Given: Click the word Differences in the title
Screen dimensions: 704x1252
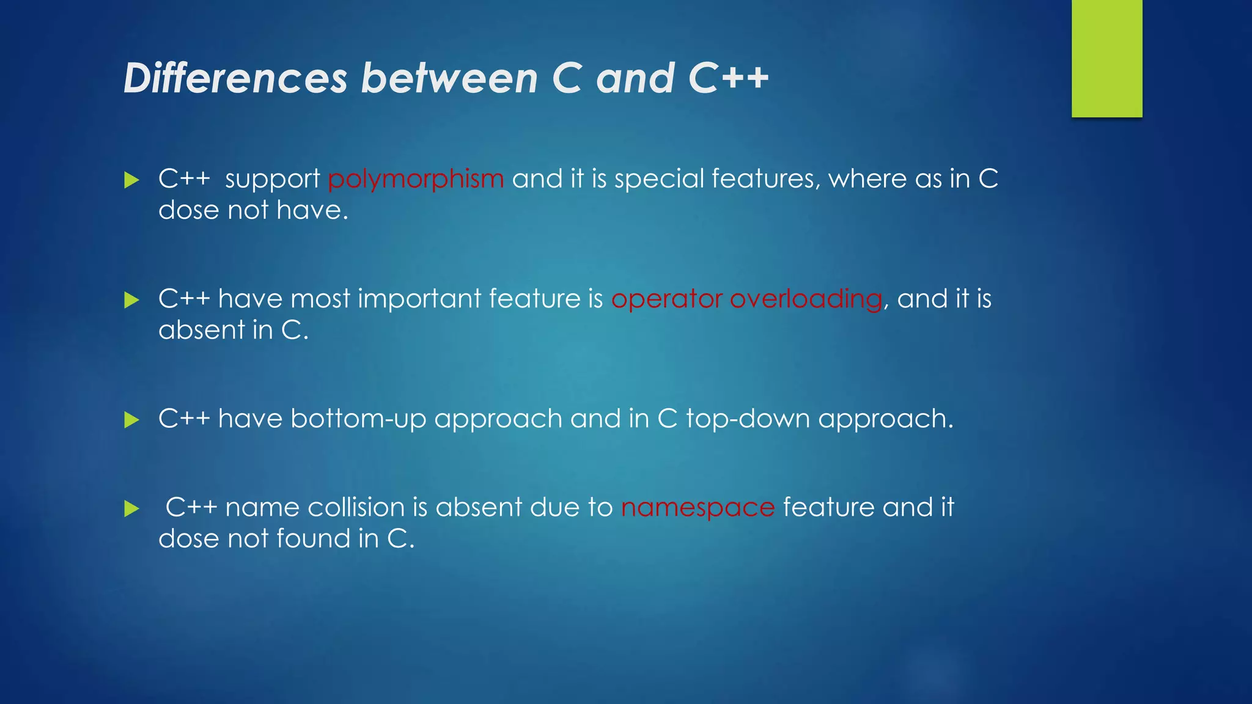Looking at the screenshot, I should [x=235, y=78].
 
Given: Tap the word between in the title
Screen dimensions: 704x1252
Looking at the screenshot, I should [x=449, y=78].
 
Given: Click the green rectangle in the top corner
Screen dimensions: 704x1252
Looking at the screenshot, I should [x=1107, y=58].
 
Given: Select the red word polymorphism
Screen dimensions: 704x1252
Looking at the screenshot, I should [x=416, y=179].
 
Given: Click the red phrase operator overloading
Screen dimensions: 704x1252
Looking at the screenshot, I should [x=746, y=299].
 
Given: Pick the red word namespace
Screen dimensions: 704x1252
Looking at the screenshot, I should [x=698, y=508].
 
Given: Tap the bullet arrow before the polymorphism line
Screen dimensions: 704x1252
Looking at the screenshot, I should [x=131, y=180].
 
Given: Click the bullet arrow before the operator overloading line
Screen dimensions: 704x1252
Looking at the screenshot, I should [x=131, y=300].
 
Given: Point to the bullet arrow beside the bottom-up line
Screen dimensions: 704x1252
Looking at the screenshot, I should [x=131, y=420].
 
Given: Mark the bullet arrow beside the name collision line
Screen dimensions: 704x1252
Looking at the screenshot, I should [x=131, y=508].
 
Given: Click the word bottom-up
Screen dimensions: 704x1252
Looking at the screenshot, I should [x=358, y=419].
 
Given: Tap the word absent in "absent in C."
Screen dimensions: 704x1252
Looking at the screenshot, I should [x=201, y=330].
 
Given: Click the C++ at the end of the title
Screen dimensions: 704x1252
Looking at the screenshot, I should [x=728, y=78].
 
